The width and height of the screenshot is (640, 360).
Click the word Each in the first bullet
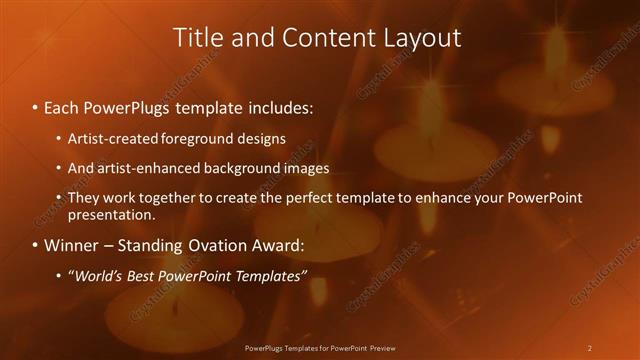tap(63, 105)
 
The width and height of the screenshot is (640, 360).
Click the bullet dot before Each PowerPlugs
tap(35, 106)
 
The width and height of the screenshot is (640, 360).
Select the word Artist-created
tap(111, 139)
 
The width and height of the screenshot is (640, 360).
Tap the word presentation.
tap(111, 215)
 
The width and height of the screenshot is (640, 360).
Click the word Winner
tap(73, 245)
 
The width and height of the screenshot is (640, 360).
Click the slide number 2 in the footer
tap(589, 348)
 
